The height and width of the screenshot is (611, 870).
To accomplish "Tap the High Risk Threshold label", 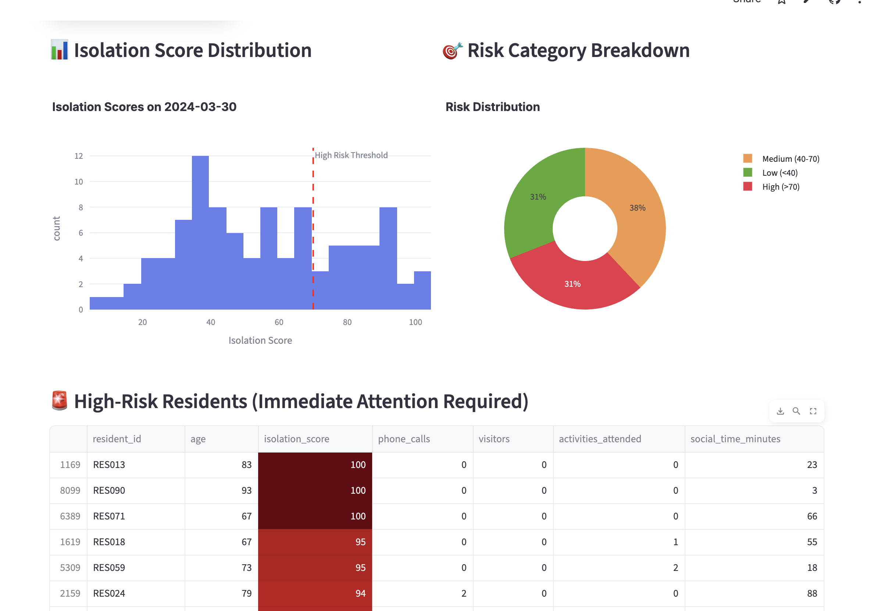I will click(x=351, y=155).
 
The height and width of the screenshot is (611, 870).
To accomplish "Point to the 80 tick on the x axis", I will click(x=347, y=322).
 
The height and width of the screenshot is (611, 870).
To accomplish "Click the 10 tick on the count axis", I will click(x=79, y=182).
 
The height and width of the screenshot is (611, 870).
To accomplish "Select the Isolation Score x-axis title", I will click(x=260, y=340).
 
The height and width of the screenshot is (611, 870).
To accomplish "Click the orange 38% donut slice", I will click(x=637, y=212).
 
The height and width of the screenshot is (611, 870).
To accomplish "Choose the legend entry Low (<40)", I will click(x=780, y=173).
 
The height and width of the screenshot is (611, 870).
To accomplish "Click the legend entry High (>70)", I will click(x=781, y=187).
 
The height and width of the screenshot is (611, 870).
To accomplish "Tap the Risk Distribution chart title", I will click(x=492, y=107).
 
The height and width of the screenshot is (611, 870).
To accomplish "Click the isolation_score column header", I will click(x=296, y=439).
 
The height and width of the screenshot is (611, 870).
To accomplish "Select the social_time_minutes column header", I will click(x=735, y=439).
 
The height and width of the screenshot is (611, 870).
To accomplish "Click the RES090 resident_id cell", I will click(x=109, y=490).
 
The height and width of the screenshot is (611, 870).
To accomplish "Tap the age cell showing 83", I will click(x=246, y=464).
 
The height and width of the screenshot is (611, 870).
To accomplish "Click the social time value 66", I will click(x=812, y=516).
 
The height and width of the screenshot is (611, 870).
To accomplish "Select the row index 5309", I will click(x=70, y=568).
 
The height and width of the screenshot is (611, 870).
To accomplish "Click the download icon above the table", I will click(x=780, y=411).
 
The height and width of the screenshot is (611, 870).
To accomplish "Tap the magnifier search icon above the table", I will click(x=796, y=411).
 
